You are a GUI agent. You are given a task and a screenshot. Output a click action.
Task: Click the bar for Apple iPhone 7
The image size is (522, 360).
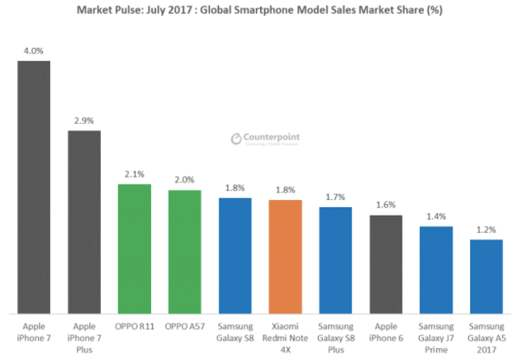pyautogui.click(x=34, y=187)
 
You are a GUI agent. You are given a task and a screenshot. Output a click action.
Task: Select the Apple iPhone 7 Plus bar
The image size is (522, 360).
pyautogui.click(x=84, y=221)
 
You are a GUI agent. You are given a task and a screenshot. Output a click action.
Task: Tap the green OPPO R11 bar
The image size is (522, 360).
pyautogui.click(x=135, y=249)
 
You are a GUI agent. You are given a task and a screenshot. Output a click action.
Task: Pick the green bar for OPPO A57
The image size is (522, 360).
pyautogui.click(x=184, y=252)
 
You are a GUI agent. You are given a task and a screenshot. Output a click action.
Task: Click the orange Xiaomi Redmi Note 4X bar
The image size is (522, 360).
pyautogui.click(x=285, y=256)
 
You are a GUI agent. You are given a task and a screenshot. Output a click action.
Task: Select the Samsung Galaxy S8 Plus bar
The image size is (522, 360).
pyautogui.click(x=335, y=260)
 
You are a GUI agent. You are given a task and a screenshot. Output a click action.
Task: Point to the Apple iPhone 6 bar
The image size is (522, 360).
pyautogui.click(x=386, y=264)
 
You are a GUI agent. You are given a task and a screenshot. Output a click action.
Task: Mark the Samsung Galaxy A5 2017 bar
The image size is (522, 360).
pyautogui.click(x=486, y=276)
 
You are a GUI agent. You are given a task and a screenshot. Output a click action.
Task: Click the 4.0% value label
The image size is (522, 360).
pyautogui.click(x=34, y=51)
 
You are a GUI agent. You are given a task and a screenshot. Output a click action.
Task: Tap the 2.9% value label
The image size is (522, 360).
pyautogui.click(x=84, y=121)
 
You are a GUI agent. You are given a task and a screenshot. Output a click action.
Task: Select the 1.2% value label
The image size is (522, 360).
pyautogui.click(x=486, y=230)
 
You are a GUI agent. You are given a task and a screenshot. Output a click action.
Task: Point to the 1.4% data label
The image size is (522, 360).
pyautogui.click(x=436, y=216)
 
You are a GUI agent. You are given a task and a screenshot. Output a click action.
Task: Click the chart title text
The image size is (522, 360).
pyautogui.click(x=261, y=12)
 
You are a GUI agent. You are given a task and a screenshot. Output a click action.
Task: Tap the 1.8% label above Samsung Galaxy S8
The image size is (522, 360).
pyautogui.click(x=235, y=188)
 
